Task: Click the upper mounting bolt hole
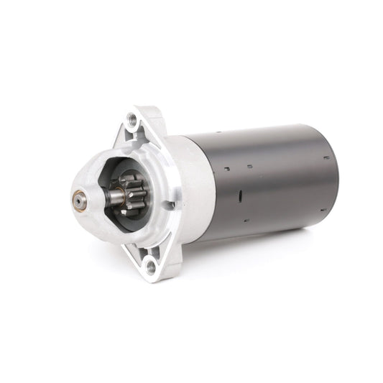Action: [132, 119]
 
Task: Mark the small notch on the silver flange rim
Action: [171, 206]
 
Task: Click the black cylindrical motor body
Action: [266, 180]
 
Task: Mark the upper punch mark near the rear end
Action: [326, 157]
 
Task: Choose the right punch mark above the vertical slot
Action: [249, 166]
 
